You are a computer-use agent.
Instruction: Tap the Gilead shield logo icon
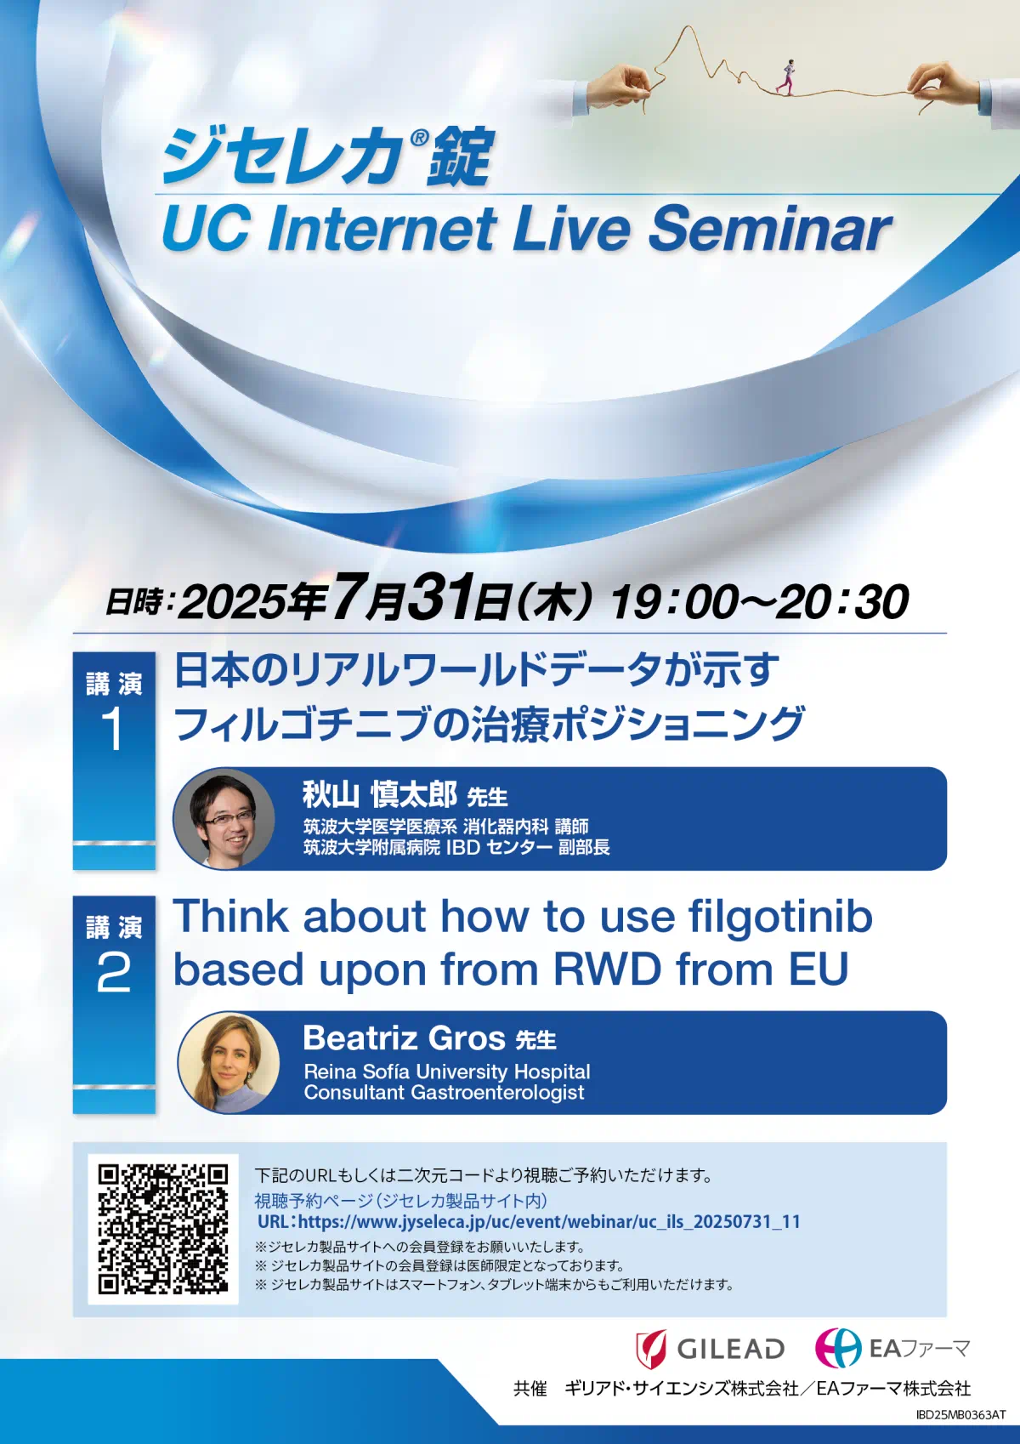click(x=651, y=1349)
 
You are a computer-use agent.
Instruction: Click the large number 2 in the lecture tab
click(x=113, y=974)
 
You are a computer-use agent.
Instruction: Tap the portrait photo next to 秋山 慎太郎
click(x=224, y=817)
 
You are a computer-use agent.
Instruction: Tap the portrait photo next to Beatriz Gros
click(x=229, y=1062)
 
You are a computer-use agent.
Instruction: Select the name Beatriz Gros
click(x=404, y=1038)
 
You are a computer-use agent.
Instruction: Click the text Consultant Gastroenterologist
click(x=444, y=1093)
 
